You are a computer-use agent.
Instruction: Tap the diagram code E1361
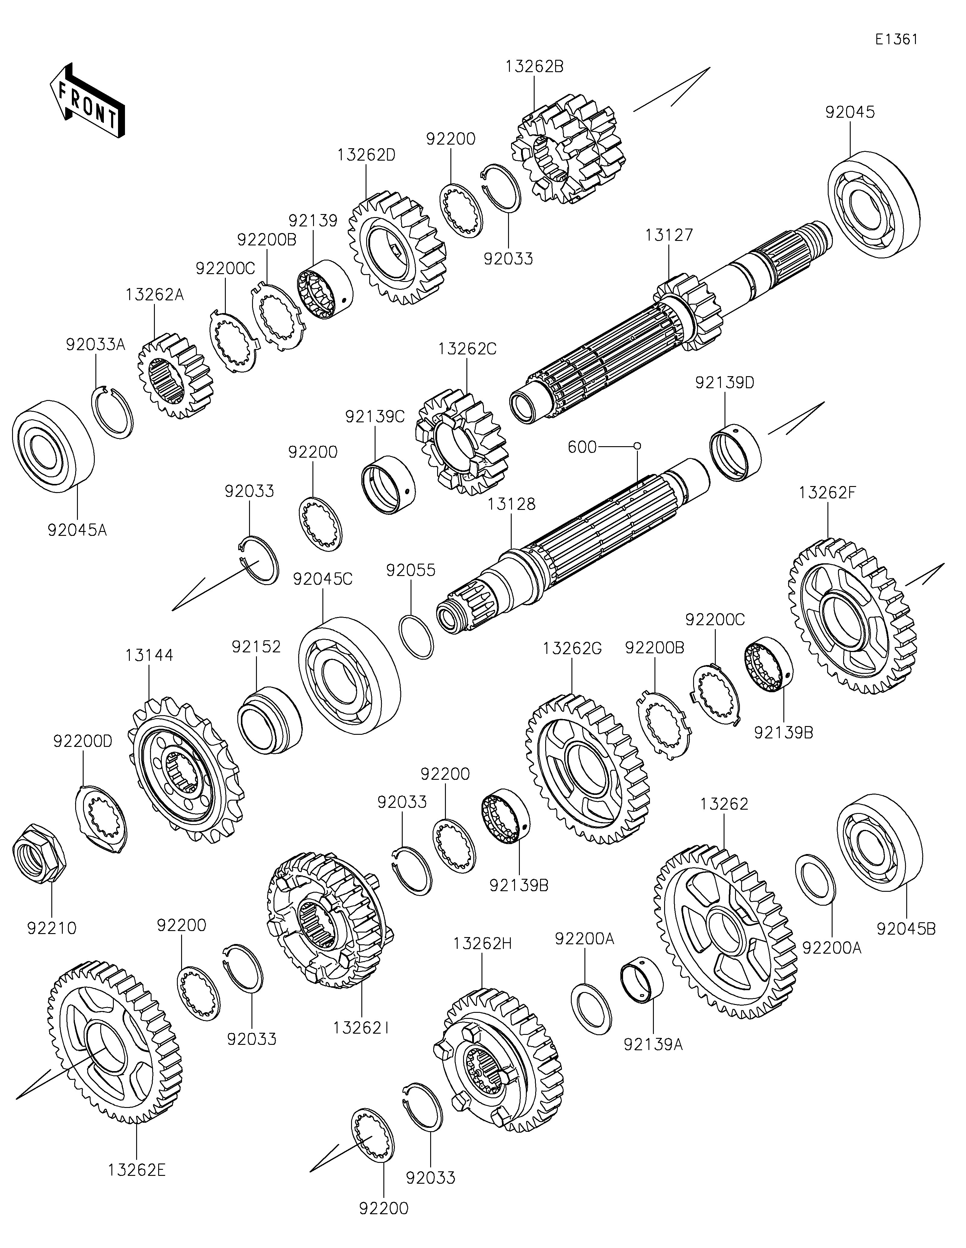[x=896, y=40]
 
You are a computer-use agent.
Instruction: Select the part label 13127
[x=669, y=235]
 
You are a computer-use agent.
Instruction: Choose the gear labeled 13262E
[x=114, y=1043]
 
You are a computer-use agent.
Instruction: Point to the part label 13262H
[x=482, y=943]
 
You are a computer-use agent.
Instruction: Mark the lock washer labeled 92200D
[x=101, y=819]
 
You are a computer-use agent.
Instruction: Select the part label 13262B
[x=534, y=66]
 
